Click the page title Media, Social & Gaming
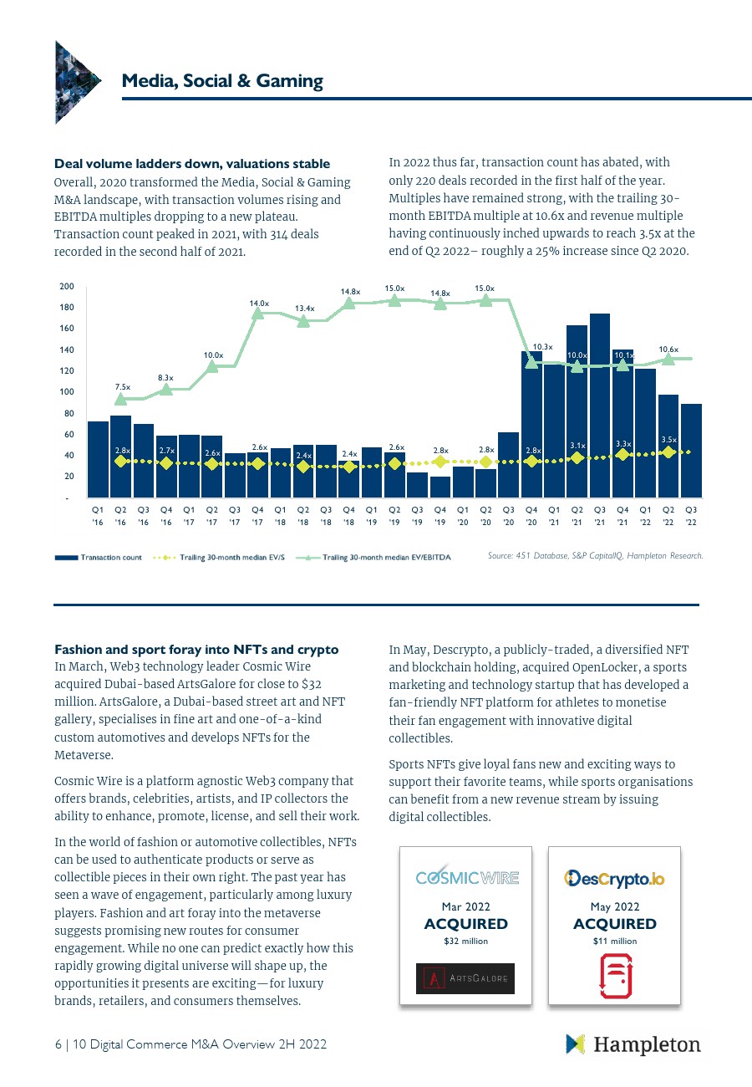point(222,81)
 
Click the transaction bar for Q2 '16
point(120,456)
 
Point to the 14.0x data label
point(259,304)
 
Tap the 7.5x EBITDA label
point(122,387)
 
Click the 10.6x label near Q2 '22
point(668,350)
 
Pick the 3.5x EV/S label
point(668,439)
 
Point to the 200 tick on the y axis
point(67,287)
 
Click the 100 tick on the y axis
point(67,392)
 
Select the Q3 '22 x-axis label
point(691,515)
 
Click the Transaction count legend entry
point(99,557)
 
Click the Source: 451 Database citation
point(596,555)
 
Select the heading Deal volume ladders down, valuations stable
point(192,164)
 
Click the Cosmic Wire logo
point(467,878)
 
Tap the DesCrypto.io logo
point(615,879)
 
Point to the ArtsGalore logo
point(465,978)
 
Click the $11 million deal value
point(615,942)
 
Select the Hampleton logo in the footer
point(633,1044)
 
